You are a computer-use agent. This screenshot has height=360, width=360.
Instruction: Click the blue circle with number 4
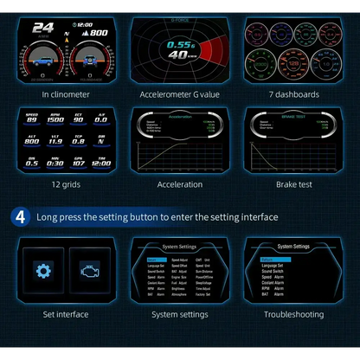tap(19, 217)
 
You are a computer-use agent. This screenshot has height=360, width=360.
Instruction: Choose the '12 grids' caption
tap(66, 184)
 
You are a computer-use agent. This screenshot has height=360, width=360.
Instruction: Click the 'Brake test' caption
tap(293, 184)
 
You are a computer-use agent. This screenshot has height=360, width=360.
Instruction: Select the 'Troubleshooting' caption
tap(293, 314)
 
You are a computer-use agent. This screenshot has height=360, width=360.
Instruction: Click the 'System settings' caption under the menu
tap(180, 314)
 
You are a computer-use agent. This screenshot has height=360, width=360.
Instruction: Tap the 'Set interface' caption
tap(66, 314)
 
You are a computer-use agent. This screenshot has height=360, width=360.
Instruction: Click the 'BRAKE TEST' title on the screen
tap(293, 113)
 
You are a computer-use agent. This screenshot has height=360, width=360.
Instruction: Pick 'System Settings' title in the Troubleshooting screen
tap(293, 246)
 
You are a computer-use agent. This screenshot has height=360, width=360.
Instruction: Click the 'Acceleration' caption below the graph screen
tap(180, 184)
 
